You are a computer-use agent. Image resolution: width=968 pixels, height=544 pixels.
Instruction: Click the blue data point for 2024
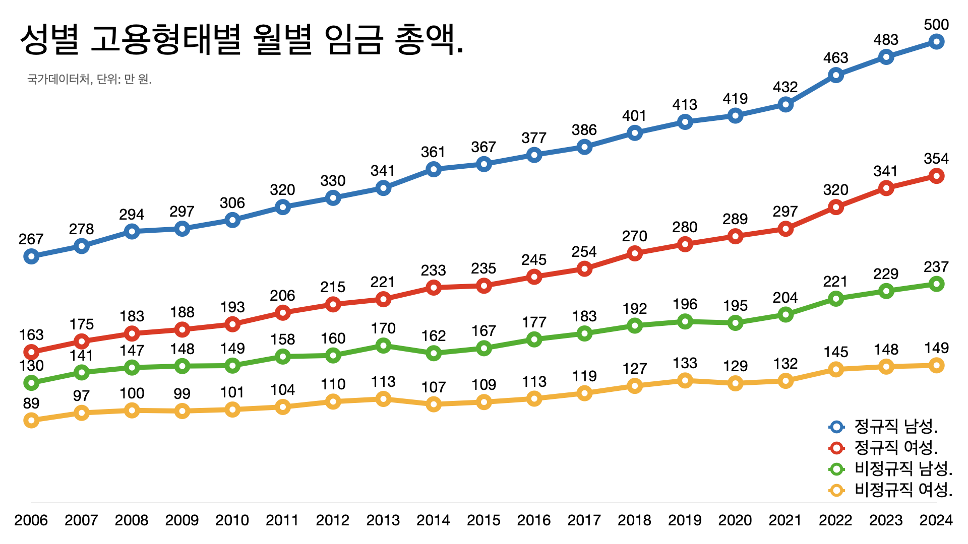pyautogui.click(x=936, y=42)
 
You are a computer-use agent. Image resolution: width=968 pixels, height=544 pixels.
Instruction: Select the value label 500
pyautogui.click(x=936, y=25)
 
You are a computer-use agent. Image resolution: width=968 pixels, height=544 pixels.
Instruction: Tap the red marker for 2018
pyautogui.click(x=635, y=253)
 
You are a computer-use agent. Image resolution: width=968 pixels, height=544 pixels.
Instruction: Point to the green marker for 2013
pyautogui.click(x=383, y=346)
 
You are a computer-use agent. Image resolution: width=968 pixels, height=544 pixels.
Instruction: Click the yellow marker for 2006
pyautogui.click(x=31, y=420)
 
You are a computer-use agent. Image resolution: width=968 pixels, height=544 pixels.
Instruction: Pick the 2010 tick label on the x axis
pyautogui.click(x=232, y=520)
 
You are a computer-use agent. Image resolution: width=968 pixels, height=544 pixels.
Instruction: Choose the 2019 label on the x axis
pyautogui.click(x=685, y=520)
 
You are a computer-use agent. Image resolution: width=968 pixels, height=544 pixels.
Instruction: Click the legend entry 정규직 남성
pyautogui.click(x=896, y=427)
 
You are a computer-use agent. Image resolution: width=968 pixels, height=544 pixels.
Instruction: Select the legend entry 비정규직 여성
pyautogui.click(x=903, y=490)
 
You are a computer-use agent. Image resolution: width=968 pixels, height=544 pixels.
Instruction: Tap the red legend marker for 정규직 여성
pyautogui.click(x=836, y=448)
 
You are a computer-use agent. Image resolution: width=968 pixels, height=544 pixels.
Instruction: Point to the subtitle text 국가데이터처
pyautogui.click(x=58, y=79)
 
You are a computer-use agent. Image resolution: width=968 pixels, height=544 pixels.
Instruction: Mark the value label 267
pyautogui.click(x=31, y=239)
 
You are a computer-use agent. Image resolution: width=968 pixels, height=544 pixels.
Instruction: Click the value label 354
pyautogui.click(x=936, y=159)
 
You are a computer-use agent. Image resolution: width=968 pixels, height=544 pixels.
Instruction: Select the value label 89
pyautogui.click(x=31, y=403)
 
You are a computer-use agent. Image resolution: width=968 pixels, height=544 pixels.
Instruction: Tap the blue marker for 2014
pyautogui.click(x=434, y=169)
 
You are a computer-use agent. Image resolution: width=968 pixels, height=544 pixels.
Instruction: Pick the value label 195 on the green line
pyautogui.click(x=735, y=306)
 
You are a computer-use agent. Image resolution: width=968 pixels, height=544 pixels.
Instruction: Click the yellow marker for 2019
pyautogui.click(x=685, y=380)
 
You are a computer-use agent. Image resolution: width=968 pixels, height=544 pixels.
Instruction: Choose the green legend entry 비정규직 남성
pyautogui.click(x=903, y=469)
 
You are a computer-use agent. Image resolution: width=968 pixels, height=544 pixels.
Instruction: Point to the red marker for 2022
pyautogui.click(x=836, y=207)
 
